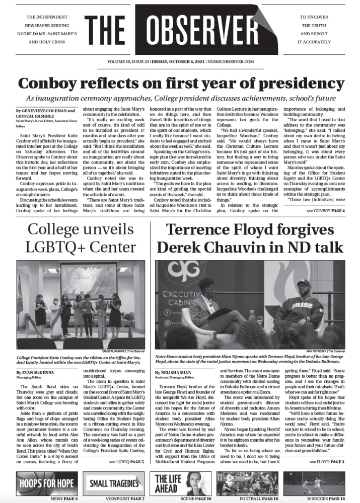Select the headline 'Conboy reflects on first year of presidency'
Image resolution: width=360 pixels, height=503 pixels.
click(179, 82)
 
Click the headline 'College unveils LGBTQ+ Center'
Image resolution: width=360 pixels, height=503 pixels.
click(81, 238)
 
